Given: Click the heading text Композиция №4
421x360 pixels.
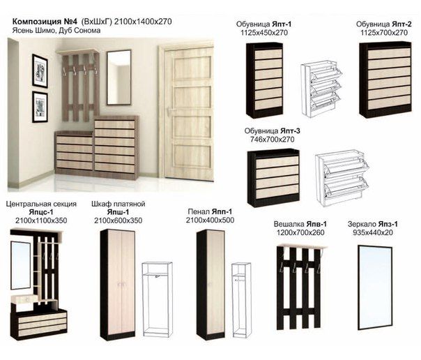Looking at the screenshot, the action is click(x=45, y=22).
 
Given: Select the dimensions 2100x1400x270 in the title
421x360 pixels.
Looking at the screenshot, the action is click(x=143, y=22).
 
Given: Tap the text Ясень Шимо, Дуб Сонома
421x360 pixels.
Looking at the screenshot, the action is click(x=56, y=31).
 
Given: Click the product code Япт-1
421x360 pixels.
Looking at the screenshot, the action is click(x=282, y=24).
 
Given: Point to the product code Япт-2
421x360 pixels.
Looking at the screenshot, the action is click(x=401, y=24).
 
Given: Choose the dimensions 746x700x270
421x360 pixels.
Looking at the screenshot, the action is click(x=272, y=140).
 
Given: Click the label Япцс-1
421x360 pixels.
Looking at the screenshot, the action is click(x=41, y=212).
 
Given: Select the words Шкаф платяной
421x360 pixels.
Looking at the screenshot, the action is click(x=118, y=204).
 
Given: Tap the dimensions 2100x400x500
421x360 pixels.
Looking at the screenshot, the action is click(x=210, y=220).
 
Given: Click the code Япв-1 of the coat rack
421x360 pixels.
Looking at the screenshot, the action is click(x=316, y=224).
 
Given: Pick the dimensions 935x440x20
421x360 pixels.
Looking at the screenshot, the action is click(x=373, y=232).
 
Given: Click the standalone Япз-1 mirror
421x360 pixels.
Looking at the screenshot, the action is click(x=375, y=287).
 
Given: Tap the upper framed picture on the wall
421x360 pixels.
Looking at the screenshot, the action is click(x=40, y=71).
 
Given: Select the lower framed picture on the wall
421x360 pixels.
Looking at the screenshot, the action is click(x=40, y=107).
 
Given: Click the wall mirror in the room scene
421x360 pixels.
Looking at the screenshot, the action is click(x=119, y=77).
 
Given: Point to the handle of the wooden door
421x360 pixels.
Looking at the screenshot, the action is click(x=169, y=110).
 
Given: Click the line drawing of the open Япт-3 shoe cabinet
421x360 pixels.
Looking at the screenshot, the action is click(x=342, y=178).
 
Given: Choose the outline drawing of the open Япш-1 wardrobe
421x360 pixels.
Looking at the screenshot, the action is click(x=157, y=299).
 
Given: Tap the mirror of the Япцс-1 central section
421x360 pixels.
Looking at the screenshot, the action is click(x=21, y=265).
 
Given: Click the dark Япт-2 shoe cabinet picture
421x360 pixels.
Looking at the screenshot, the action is click(x=385, y=80).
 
